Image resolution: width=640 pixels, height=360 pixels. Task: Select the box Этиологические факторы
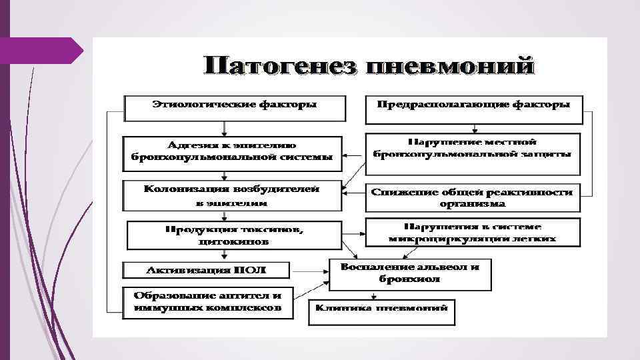tap(235, 107)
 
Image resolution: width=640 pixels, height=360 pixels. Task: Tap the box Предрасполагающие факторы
tap(473, 109)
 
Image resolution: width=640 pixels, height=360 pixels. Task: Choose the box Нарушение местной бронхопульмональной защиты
tap(472, 149)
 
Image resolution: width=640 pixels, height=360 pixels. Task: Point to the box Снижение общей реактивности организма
tap(472, 197)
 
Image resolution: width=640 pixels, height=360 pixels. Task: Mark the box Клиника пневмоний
tap(382, 311)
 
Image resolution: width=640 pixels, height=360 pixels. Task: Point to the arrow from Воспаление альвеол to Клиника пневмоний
tap(371, 295)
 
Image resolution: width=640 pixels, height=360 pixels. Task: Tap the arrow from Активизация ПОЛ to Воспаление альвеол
tap(310, 270)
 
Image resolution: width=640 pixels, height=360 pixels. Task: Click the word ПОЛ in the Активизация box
tap(248, 270)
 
